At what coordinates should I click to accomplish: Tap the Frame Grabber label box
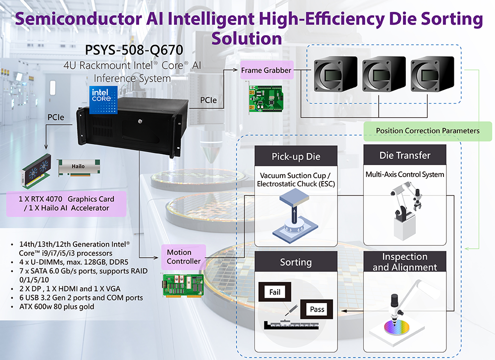[x=266, y=70]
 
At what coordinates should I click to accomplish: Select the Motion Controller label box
[x=184, y=257]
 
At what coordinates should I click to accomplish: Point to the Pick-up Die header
[x=296, y=157]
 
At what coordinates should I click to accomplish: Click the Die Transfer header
[x=404, y=155]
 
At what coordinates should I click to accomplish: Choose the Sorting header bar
[x=296, y=262]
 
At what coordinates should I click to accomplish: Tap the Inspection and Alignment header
[x=404, y=262]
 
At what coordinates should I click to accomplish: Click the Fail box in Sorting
[x=275, y=292]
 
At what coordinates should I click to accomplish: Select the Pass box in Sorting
[x=317, y=310]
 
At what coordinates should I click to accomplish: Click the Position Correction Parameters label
[x=427, y=131]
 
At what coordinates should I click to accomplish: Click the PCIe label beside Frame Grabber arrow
[x=207, y=100]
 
